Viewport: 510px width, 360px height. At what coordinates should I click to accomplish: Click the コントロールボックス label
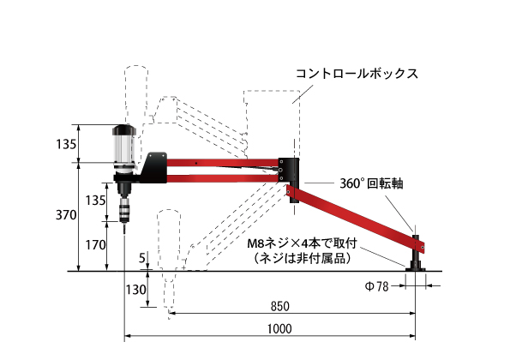coord(357,74)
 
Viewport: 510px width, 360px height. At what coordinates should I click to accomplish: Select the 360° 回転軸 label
coord(371,183)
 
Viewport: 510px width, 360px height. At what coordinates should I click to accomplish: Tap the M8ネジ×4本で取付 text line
coord(303,243)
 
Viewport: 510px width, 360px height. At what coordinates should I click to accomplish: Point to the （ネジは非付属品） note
coord(303,259)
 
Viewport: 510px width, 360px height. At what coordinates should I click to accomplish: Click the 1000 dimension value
coord(279,329)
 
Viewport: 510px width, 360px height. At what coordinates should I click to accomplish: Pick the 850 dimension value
coord(280,306)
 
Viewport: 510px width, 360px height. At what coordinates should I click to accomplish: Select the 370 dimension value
coord(66,215)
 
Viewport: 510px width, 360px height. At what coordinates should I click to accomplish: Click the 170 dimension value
coord(95,245)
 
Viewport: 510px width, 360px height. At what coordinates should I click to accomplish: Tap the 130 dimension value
coord(135,290)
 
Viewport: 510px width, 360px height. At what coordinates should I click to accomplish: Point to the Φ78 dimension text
coord(376,286)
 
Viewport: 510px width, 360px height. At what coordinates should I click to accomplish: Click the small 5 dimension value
coord(142,258)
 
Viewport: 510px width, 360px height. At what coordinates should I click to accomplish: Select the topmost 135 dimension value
coord(66,144)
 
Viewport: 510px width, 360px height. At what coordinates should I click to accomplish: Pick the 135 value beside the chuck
coord(95,201)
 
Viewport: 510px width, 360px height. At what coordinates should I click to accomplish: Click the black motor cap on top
coord(124,129)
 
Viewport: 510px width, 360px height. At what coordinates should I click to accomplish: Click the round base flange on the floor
coord(416,268)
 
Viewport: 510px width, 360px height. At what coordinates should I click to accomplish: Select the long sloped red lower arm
coord(356,217)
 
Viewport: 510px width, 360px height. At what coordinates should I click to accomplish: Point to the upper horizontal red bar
coord(223,162)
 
